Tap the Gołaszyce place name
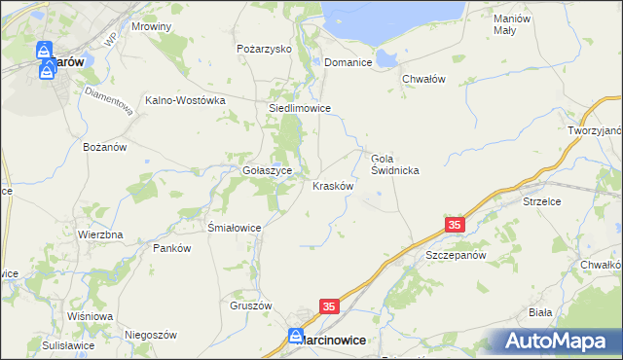click(x=262, y=168)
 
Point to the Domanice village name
click(x=349, y=61)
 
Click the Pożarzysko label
click(x=265, y=48)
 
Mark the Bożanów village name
click(x=105, y=147)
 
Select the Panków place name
click(x=171, y=248)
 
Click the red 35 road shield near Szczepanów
click(x=456, y=225)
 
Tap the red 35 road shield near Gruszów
click(x=329, y=307)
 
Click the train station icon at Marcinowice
click(x=296, y=337)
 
